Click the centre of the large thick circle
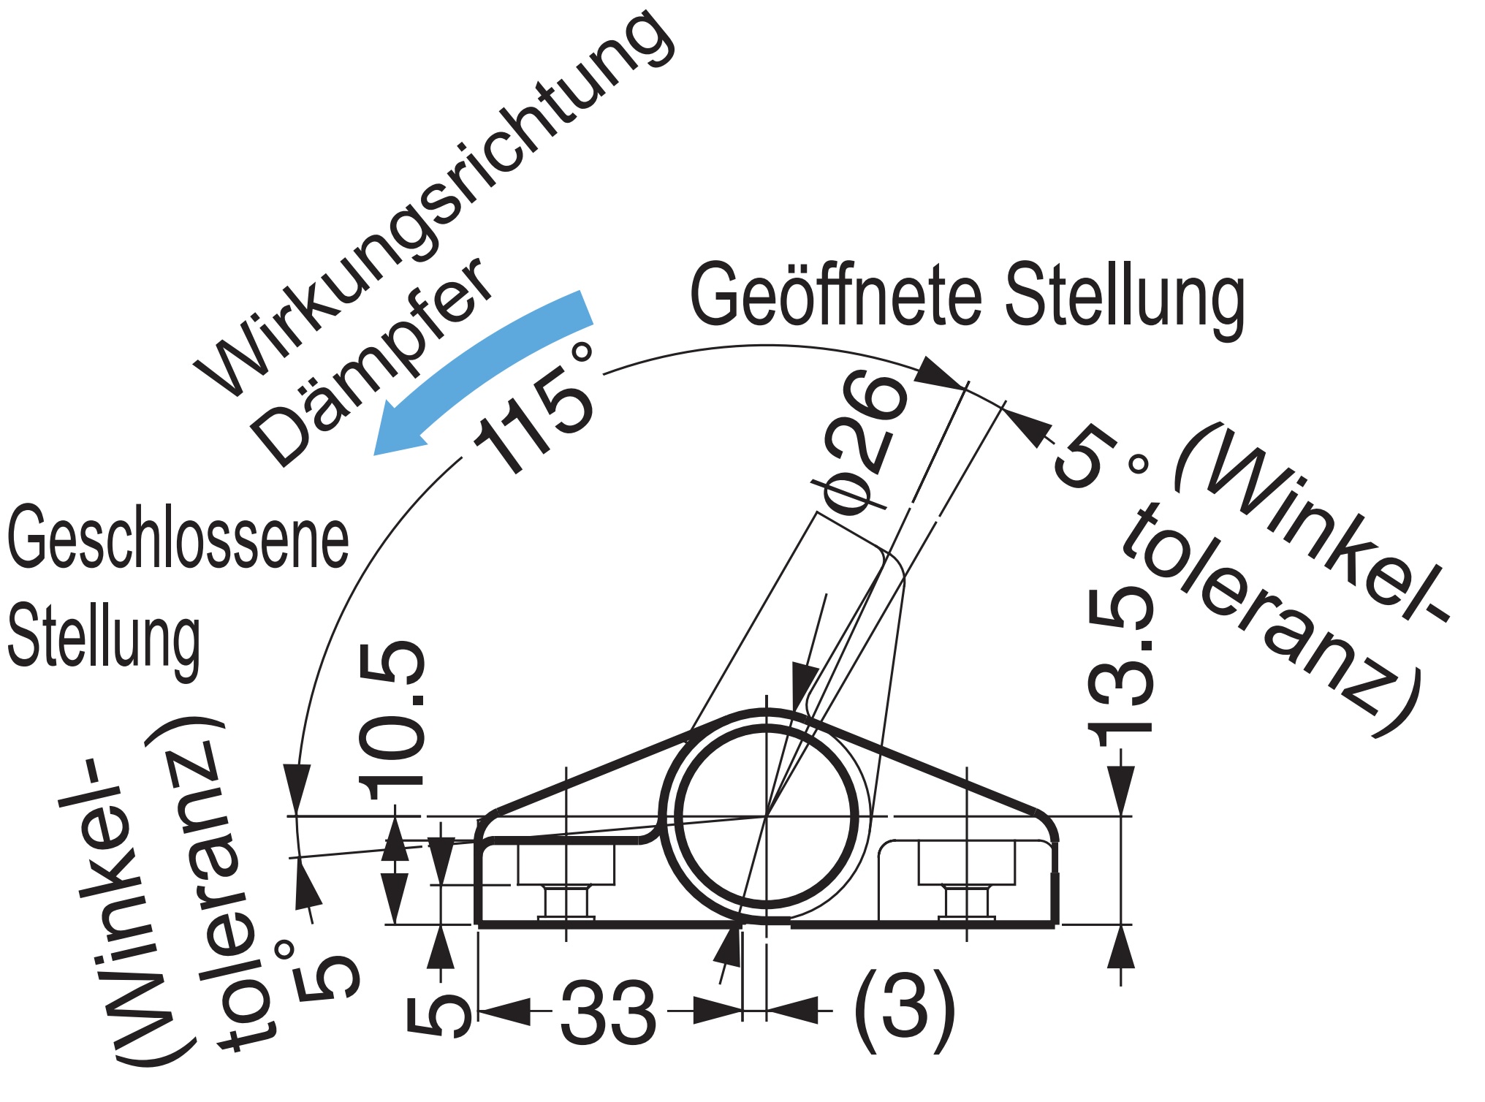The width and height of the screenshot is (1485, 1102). (x=766, y=816)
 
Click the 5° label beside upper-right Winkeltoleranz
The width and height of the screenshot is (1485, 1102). (x=1096, y=457)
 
